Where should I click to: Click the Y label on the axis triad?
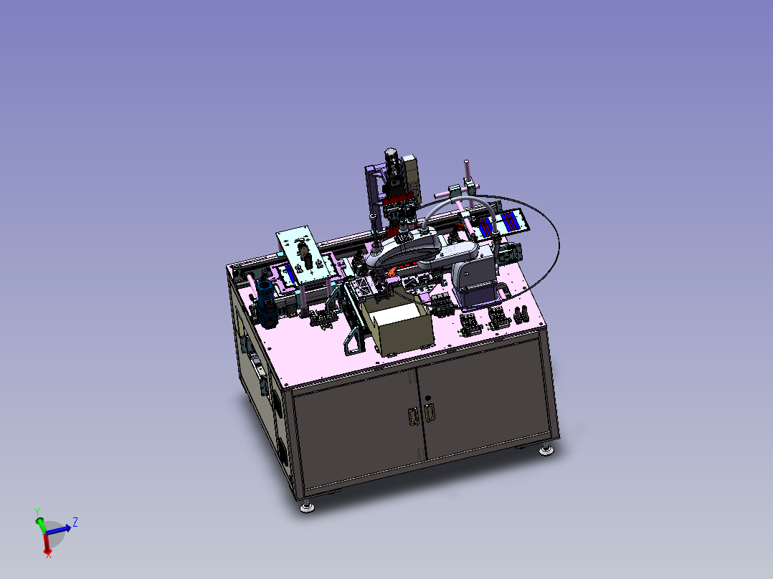[37, 512]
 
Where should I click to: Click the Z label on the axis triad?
[75, 522]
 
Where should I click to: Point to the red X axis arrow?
[47, 542]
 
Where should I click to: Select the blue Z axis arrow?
[59, 530]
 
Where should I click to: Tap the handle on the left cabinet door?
[412, 417]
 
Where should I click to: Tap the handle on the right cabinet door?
[430, 412]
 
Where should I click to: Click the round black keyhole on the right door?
[427, 398]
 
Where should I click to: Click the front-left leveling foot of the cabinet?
[307, 507]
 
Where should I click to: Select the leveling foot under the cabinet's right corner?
[546, 449]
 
